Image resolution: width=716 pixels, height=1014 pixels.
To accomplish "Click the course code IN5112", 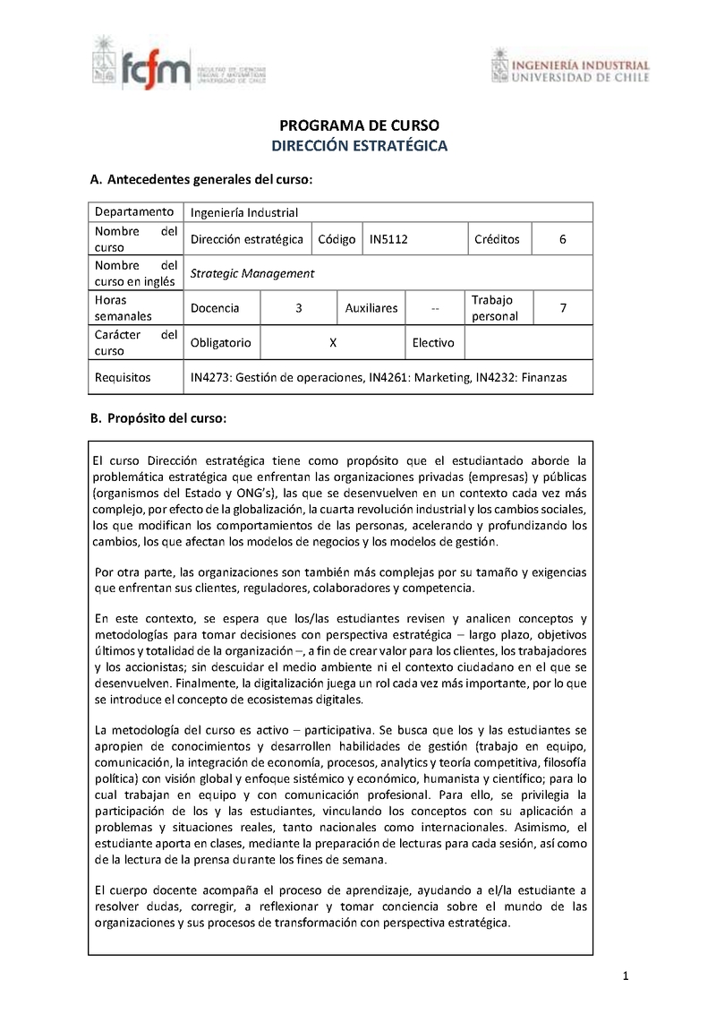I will [x=389, y=239].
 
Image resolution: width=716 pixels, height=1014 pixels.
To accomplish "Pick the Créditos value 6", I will [x=562, y=239].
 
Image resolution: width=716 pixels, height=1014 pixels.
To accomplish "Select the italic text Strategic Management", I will [x=252, y=273].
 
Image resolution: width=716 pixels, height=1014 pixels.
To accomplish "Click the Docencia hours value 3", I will [x=298, y=308].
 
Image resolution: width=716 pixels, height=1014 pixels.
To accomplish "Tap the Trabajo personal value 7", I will [x=562, y=308].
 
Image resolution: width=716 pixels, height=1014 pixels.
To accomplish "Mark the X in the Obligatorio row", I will [x=332, y=342].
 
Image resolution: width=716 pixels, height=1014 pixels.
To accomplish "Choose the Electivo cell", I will [x=433, y=342].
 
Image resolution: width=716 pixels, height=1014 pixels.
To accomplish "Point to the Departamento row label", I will [x=134, y=212].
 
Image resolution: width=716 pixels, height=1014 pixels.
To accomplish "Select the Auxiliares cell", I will [x=371, y=308].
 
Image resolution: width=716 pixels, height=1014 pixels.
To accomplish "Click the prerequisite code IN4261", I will [x=389, y=378].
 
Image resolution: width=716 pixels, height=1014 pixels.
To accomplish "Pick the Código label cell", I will [x=337, y=239].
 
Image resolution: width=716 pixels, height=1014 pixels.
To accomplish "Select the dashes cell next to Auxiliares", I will [x=435, y=309].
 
